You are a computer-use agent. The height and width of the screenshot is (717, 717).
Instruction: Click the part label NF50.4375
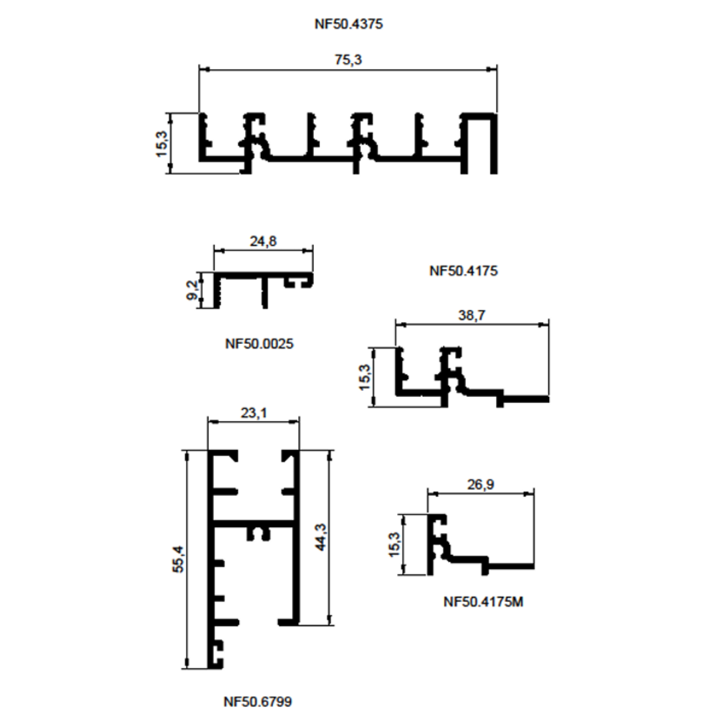click(x=349, y=24)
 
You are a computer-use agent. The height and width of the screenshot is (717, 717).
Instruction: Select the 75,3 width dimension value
click(x=348, y=60)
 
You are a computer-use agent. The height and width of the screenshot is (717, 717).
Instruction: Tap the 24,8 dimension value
click(x=263, y=241)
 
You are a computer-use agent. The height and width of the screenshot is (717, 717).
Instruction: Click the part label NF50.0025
click(x=260, y=343)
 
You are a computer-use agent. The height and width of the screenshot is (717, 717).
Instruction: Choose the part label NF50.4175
click(x=463, y=271)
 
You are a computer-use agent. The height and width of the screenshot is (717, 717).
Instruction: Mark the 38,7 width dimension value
click(x=471, y=315)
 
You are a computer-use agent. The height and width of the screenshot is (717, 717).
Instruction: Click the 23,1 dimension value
click(x=254, y=413)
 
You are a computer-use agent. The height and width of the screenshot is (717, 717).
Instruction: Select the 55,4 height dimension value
click(x=179, y=559)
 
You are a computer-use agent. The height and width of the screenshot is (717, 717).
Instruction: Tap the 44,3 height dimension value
click(x=321, y=537)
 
